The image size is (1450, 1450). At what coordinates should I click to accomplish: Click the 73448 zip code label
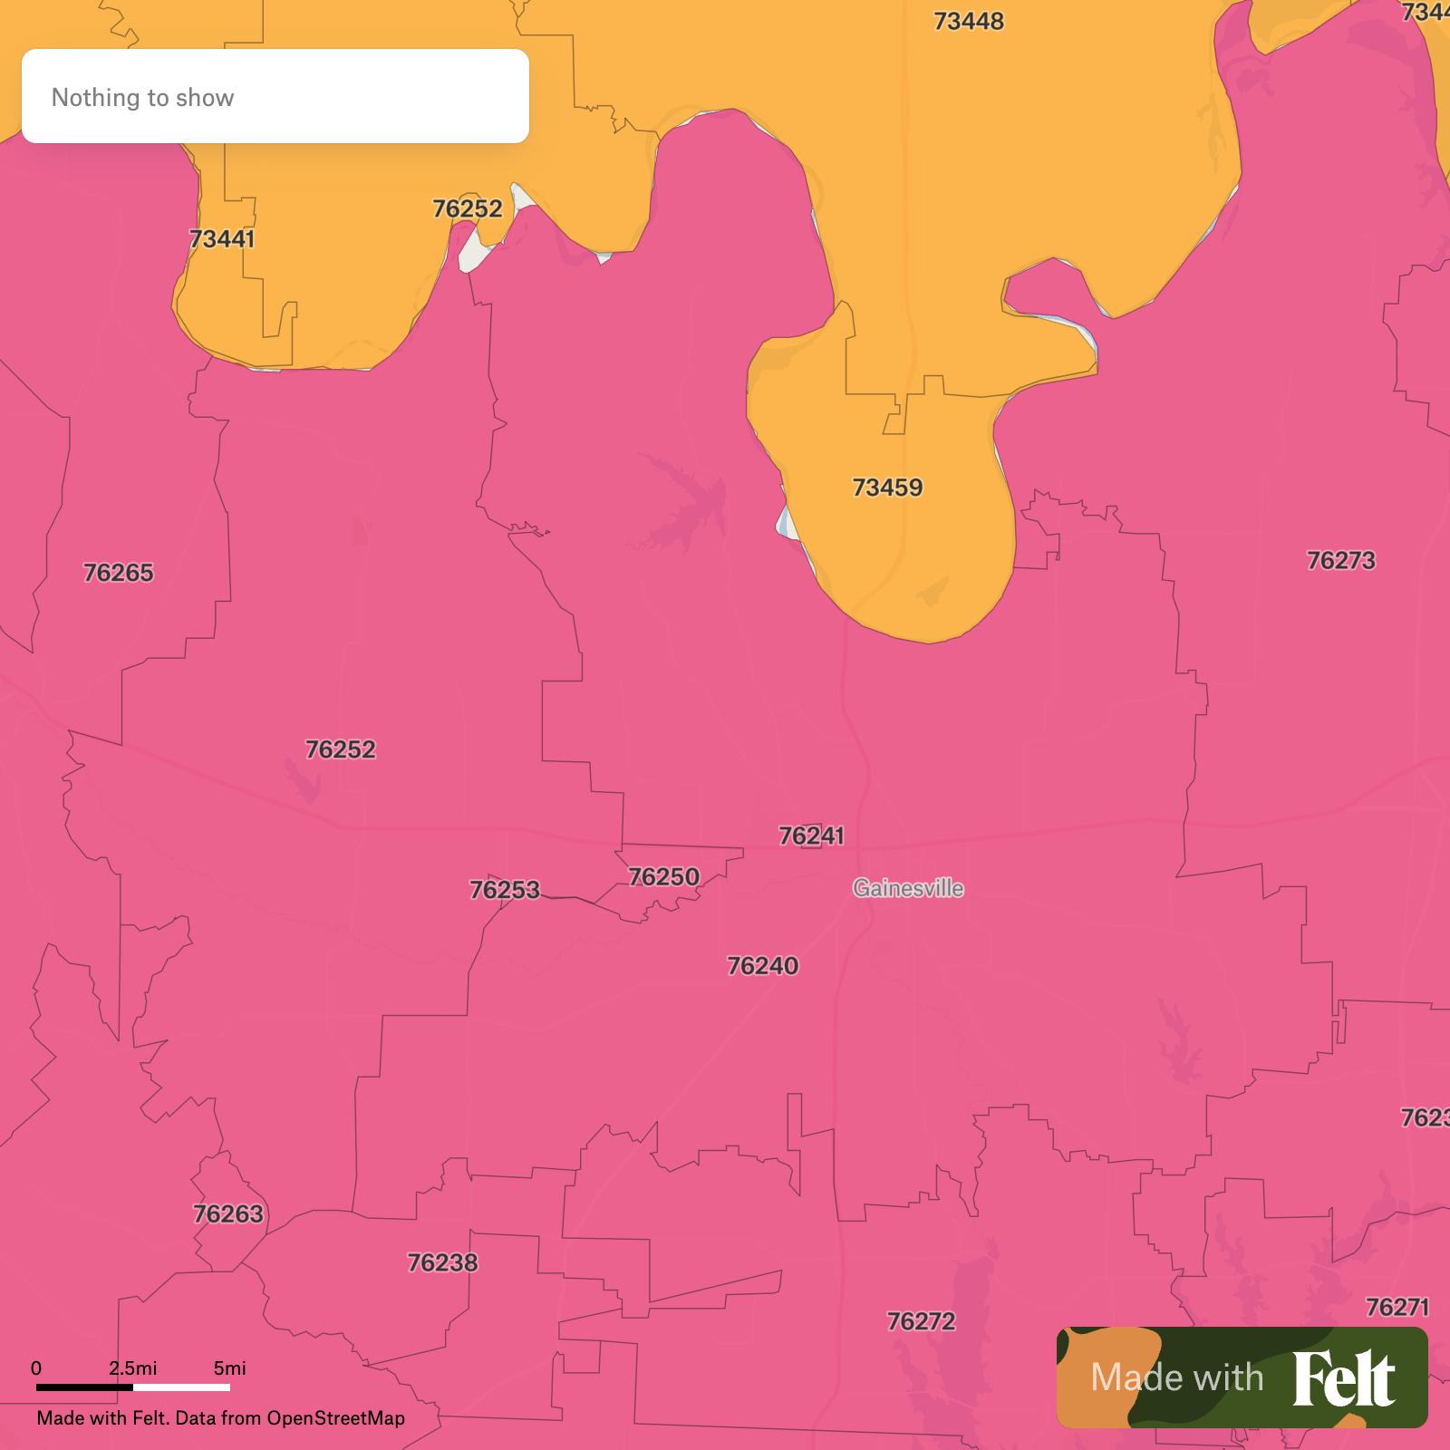tap(969, 21)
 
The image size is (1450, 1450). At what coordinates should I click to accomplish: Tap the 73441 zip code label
tap(222, 239)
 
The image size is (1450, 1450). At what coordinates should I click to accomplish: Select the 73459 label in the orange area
tap(887, 488)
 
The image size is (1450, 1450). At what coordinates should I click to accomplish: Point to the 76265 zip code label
tap(119, 573)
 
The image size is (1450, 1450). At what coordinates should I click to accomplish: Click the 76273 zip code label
tap(1340, 561)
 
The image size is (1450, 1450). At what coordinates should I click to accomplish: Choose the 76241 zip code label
tap(811, 836)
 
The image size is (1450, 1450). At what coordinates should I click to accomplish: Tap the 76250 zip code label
tap(664, 877)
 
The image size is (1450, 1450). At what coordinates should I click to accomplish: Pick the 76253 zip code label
tap(504, 890)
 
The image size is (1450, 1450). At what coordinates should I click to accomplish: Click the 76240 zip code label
tap(763, 966)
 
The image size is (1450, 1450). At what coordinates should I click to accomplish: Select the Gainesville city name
tap(908, 888)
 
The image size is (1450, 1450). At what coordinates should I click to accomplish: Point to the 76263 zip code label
tap(228, 1213)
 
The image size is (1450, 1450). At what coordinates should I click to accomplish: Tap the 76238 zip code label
tap(442, 1262)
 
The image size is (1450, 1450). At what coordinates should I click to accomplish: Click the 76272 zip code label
tap(921, 1321)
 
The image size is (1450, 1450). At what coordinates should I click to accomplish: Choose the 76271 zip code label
tap(1397, 1307)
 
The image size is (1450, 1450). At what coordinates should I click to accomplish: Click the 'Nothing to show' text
tap(142, 98)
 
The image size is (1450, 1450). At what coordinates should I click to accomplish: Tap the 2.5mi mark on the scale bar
tap(133, 1368)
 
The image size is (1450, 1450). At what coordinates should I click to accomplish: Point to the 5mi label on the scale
tap(229, 1368)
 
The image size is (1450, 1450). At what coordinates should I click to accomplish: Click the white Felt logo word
tap(1343, 1377)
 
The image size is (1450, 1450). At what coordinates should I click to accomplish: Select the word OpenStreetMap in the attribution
tap(335, 1418)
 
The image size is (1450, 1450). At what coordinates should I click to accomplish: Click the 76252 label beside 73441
tap(467, 209)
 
